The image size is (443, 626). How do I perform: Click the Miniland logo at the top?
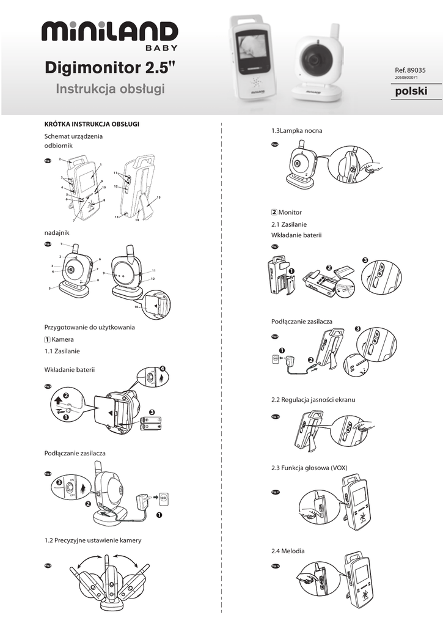tap(110, 34)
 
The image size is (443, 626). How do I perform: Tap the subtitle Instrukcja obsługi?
tap(111, 89)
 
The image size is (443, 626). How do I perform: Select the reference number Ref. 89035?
tap(411, 70)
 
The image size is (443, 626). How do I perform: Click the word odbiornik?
tap(59, 146)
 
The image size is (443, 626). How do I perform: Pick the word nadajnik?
tap(57, 233)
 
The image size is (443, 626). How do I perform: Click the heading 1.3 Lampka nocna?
tap(296, 131)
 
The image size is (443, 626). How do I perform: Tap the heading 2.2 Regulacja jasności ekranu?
tap(313, 399)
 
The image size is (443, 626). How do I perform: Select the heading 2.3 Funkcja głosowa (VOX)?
tap(309, 468)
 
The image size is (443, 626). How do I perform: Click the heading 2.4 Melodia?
tap(287, 551)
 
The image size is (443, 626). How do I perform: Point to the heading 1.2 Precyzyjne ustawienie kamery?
tap(93, 540)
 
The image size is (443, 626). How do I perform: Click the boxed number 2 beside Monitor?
tap(274, 212)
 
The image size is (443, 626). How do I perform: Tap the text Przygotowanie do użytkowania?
tap(89, 327)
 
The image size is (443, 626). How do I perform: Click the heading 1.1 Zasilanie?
tap(62, 351)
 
